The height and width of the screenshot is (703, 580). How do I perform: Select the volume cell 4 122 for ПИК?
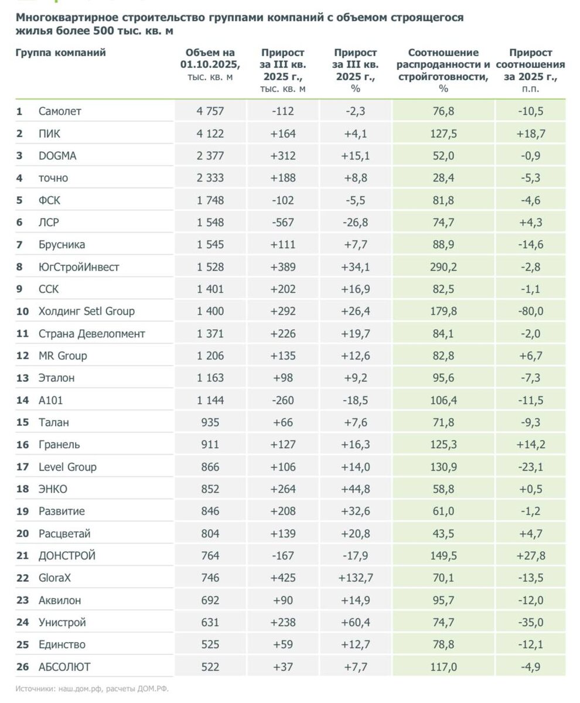[x=210, y=134]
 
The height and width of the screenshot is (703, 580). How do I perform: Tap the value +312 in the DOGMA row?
[x=284, y=156]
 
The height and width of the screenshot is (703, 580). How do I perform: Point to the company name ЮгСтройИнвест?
[x=79, y=267]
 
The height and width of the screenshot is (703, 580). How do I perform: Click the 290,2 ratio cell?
[x=443, y=267]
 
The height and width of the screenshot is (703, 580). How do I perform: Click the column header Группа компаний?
[x=60, y=53]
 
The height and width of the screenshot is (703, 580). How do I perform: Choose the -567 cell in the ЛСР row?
[x=284, y=223]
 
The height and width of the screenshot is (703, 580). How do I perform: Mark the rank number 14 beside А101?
[x=22, y=400]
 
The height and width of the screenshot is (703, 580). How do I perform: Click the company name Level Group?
[x=67, y=467]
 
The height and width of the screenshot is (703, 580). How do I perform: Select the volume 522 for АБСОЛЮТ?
[x=210, y=667]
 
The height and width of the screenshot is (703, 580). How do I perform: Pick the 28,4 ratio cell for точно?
[x=443, y=178]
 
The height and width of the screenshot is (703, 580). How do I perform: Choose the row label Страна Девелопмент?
[x=91, y=334]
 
